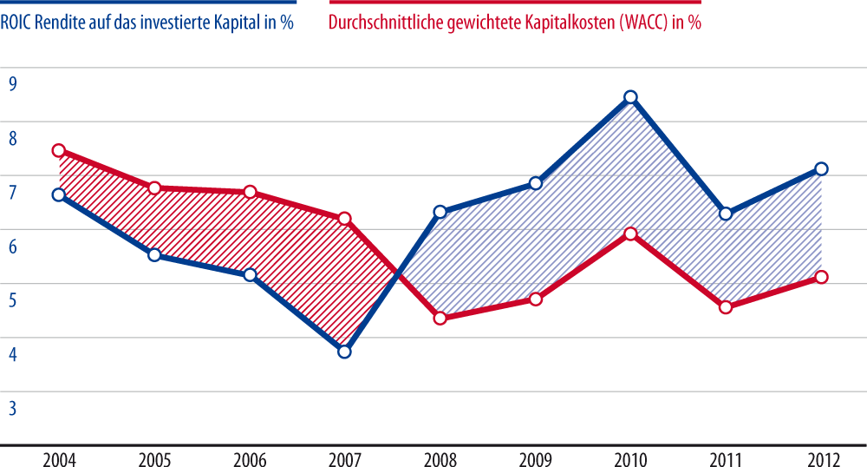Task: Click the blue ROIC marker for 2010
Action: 631,97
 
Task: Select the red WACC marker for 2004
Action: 59,150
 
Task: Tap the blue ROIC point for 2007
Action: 345,352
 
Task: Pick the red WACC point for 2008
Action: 440,318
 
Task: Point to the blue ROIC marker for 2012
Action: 822,169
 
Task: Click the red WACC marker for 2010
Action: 631,233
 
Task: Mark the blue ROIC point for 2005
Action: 154,255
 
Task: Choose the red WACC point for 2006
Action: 250,192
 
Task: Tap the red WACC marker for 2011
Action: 727,307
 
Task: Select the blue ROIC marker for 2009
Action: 536,183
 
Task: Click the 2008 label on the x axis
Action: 440,457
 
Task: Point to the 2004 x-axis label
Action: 59,457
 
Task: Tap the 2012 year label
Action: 822,457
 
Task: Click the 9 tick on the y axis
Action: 13,83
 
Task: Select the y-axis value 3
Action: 13,407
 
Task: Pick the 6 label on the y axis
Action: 13,246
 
